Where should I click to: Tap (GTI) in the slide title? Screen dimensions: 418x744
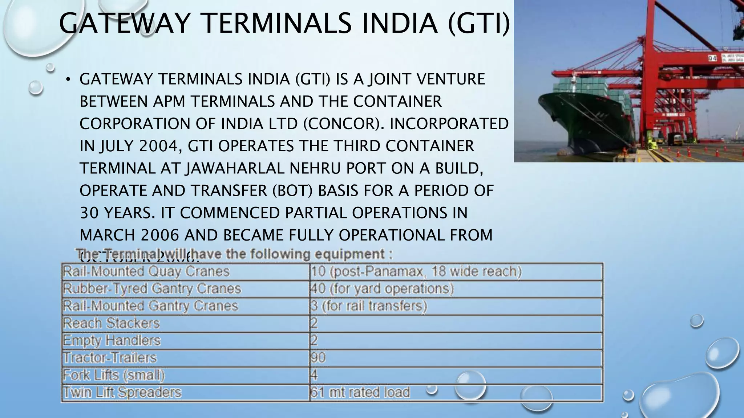[x=478, y=23]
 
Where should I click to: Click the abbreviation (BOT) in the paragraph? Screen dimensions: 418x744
[x=292, y=191]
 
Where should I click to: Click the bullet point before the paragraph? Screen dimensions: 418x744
[x=68, y=80]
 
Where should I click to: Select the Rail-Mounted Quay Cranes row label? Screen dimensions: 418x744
[x=146, y=271]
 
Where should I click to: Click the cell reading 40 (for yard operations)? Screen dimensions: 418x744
[x=382, y=289]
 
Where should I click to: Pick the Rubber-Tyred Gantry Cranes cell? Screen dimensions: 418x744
[x=152, y=289]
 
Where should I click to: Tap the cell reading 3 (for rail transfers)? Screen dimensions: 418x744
[x=368, y=306]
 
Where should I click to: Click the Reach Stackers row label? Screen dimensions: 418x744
[x=111, y=323]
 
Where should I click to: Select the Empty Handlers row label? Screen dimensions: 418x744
[x=112, y=340]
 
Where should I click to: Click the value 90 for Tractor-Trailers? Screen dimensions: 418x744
[x=318, y=358]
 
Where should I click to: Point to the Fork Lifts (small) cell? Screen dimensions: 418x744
[x=114, y=375]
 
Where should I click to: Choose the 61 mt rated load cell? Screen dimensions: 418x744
[x=360, y=392]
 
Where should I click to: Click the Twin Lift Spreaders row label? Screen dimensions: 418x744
[x=122, y=392]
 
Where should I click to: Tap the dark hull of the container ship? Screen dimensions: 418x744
[x=574, y=123]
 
